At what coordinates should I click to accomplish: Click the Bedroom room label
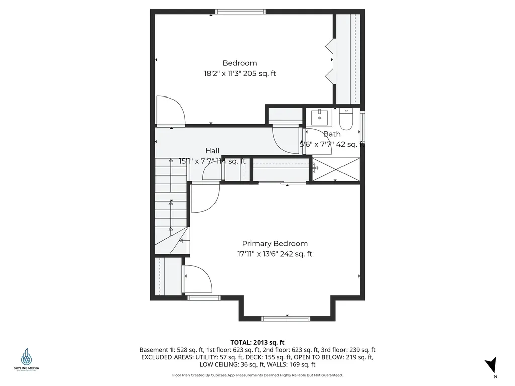[x=240, y=63]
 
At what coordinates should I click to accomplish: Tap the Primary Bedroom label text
[x=275, y=243]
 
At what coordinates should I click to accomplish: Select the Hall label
[x=212, y=151]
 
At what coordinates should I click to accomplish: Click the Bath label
[x=331, y=134]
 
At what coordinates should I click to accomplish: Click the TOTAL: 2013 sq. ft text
[x=257, y=342]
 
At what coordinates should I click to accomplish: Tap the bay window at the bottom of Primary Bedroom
[x=286, y=318]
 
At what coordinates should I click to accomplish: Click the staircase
[x=171, y=206]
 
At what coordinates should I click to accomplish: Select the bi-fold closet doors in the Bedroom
[x=330, y=60]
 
